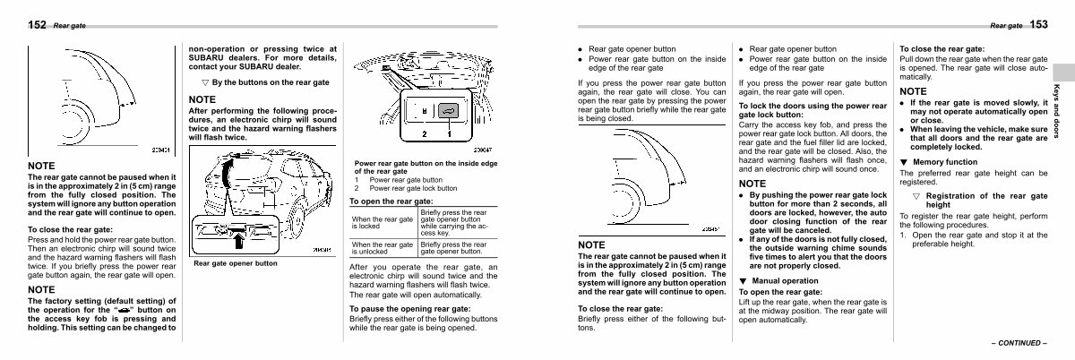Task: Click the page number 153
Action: tap(1038, 25)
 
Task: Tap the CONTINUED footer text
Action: tap(1018, 343)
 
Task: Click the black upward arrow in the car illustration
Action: tap(239, 237)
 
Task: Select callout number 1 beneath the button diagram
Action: tap(448, 134)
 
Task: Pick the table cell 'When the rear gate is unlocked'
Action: tap(383, 248)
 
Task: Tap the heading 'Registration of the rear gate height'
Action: tap(981, 200)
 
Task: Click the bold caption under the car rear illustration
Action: tap(236, 263)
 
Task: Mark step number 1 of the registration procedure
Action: tap(903, 235)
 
